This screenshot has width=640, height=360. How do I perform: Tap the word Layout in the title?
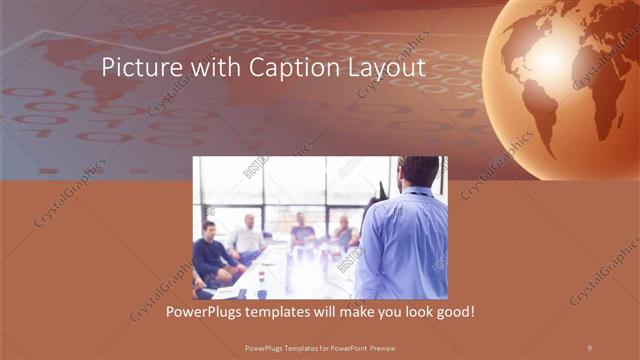pos(384,68)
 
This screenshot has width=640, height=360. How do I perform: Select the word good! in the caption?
pos(451,313)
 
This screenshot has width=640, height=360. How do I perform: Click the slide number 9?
pos(590,346)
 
